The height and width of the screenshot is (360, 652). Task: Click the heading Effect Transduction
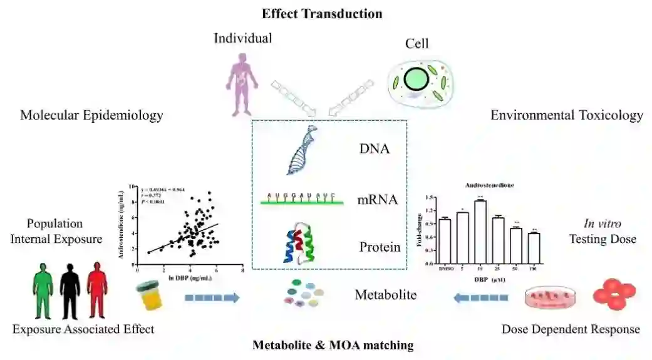pos(321,13)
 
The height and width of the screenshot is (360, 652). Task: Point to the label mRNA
pos(378,201)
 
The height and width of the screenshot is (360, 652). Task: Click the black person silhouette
pos(71,288)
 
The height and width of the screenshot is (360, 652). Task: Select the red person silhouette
pos(97,288)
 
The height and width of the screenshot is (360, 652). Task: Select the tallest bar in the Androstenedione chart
pos(481,231)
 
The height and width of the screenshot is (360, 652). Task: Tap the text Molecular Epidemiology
pos(91,115)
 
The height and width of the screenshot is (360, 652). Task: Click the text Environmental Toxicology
pos(566,115)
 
